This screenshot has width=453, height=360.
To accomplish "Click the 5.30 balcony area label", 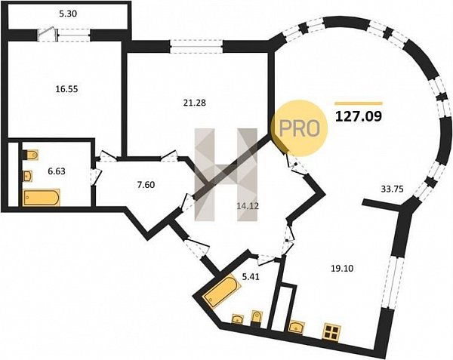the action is [x=68, y=14].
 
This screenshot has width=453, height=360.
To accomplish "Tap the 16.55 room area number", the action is [x=66, y=89].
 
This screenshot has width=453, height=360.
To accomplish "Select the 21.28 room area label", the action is [x=195, y=103].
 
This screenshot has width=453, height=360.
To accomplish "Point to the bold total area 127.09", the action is [x=359, y=116].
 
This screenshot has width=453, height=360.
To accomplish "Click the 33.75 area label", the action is [x=392, y=189].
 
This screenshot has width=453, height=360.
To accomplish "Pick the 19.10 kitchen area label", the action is [x=342, y=269].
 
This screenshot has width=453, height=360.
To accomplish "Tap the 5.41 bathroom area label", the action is [x=251, y=277].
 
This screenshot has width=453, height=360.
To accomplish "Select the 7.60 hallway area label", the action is [x=146, y=184].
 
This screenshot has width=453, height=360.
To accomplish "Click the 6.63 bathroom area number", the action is [x=57, y=171].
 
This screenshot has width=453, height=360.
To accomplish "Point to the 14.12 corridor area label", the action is [x=247, y=206].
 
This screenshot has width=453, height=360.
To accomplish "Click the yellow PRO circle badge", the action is [x=300, y=128].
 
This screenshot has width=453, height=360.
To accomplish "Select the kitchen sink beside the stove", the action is [x=297, y=327].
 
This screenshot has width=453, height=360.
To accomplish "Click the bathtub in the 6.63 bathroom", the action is [x=41, y=198].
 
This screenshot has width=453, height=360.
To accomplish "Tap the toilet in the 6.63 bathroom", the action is [x=30, y=155].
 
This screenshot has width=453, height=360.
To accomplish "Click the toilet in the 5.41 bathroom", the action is [x=256, y=318].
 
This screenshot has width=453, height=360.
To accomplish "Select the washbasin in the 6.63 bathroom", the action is [x=27, y=176].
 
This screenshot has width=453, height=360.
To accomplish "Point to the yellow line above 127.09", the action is [x=359, y=103].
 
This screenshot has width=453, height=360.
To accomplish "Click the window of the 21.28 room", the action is [x=196, y=47].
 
